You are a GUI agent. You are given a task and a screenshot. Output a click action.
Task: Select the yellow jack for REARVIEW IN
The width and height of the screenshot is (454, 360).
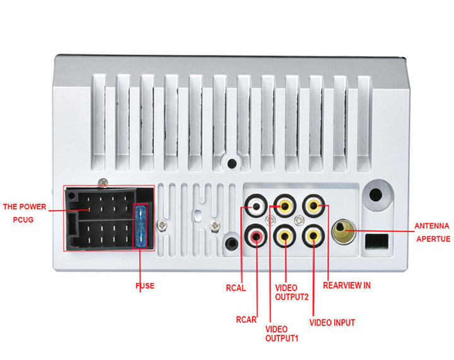[x=314, y=206]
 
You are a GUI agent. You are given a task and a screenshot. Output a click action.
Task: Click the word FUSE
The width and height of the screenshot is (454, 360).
[x=145, y=286]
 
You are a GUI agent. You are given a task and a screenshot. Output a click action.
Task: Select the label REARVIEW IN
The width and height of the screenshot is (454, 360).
[x=346, y=285]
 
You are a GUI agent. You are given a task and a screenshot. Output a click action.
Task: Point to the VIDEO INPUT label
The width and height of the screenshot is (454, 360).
[x=332, y=323]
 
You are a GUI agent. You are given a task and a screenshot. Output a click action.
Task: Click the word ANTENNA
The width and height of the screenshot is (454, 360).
[x=431, y=226]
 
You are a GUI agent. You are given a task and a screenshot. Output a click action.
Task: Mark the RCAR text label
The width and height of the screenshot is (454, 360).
[x=246, y=319]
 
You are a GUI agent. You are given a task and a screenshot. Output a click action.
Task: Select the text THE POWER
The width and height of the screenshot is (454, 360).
[x=25, y=206]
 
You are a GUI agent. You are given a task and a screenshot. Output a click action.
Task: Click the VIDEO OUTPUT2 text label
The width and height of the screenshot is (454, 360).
[x=291, y=293]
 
